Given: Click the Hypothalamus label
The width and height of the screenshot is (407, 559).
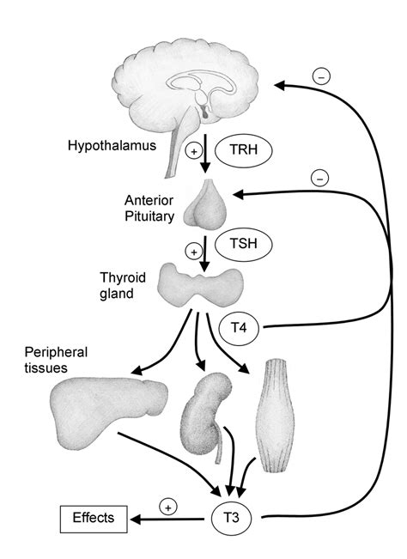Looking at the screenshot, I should (111, 145).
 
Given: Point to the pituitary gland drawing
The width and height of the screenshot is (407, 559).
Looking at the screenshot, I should (210, 204).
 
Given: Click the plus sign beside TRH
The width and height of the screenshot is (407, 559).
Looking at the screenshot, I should (193, 151).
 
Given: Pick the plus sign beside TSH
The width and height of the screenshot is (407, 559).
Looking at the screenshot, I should (193, 252).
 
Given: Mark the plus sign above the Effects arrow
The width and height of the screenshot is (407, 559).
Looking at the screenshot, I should (168, 507).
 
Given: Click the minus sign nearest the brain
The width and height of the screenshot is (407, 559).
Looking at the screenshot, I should (321, 76).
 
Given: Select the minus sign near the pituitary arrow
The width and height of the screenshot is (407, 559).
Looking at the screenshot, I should (318, 179).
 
